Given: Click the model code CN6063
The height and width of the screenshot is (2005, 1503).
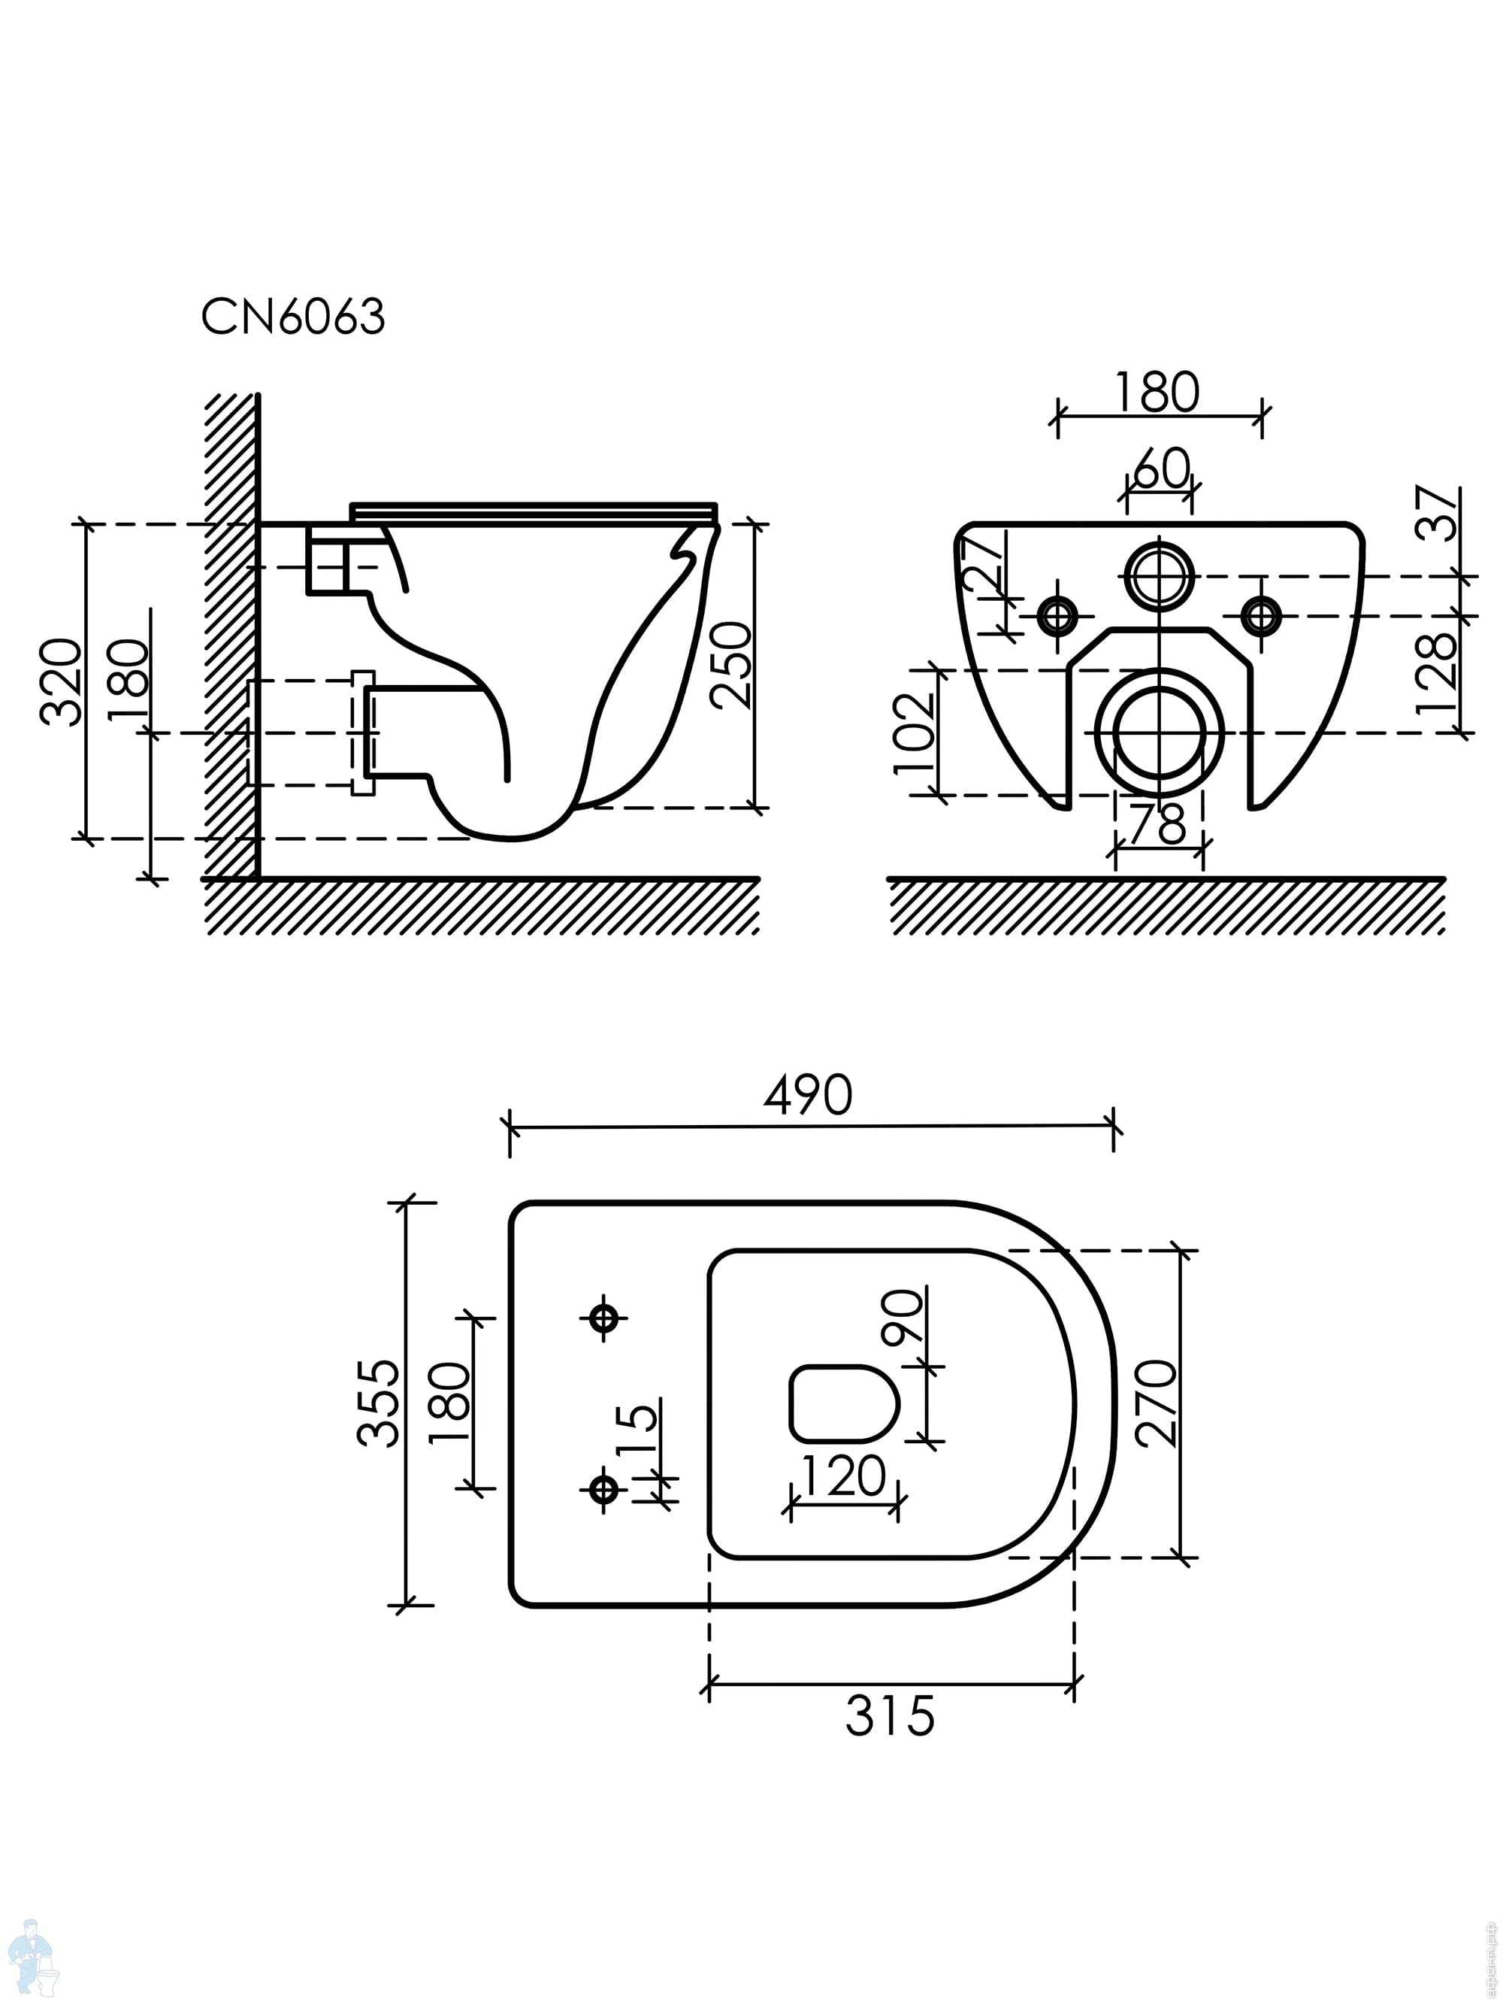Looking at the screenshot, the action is click(292, 317).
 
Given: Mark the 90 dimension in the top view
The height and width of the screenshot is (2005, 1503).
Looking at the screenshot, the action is click(903, 1316).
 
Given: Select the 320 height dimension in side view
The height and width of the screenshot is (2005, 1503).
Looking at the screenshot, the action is click(62, 681).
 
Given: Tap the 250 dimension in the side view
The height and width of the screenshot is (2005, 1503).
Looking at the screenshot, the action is click(731, 666).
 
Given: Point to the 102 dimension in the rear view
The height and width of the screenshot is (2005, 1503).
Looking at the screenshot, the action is click(914, 733).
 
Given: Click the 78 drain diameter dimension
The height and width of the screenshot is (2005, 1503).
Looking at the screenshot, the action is click(1158, 824).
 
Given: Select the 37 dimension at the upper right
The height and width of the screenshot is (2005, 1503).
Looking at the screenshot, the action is click(1438, 513).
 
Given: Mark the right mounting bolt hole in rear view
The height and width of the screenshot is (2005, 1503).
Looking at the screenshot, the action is click(1260, 617).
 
